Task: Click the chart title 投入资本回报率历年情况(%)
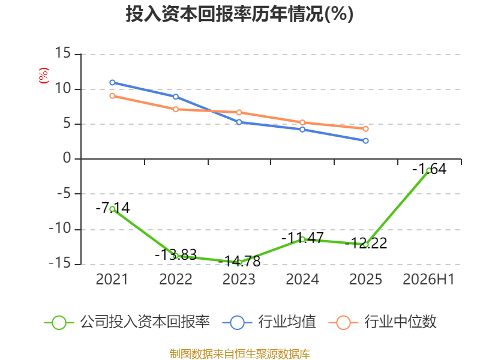[x=239, y=14]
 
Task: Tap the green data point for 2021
[x=112, y=209]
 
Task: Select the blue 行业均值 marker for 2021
[x=112, y=83]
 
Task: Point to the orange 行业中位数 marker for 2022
[x=176, y=109]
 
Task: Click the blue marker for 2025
[x=365, y=141]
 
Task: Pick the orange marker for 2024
[x=302, y=122]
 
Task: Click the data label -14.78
[x=239, y=261]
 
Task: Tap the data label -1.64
[x=430, y=169]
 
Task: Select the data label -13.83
[x=176, y=254]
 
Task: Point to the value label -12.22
[x=366, y=244]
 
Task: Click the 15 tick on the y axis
[x=63, y=53]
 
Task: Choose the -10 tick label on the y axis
[x=60, y=229]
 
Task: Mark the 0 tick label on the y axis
[x=67, y=158]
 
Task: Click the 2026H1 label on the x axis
[x=428, y=279]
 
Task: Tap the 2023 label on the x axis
[x=239, y=279]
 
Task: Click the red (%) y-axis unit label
[x=43, y=76]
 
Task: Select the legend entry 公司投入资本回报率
[x=127, y=322]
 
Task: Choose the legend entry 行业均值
[x=269, y=322]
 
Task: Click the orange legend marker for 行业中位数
[x=343, y=323]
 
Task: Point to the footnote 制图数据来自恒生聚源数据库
[x=240, y=354]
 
